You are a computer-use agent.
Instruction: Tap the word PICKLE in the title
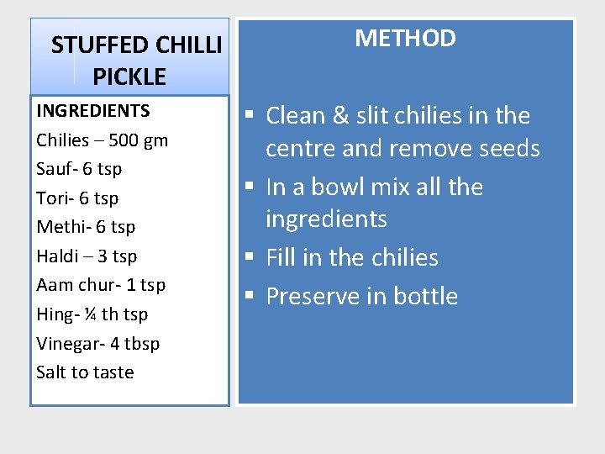129,77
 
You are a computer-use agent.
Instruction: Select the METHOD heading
405,38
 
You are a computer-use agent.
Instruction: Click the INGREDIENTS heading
93,111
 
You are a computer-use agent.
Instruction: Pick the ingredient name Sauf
54,169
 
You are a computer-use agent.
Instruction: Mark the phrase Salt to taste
85,372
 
